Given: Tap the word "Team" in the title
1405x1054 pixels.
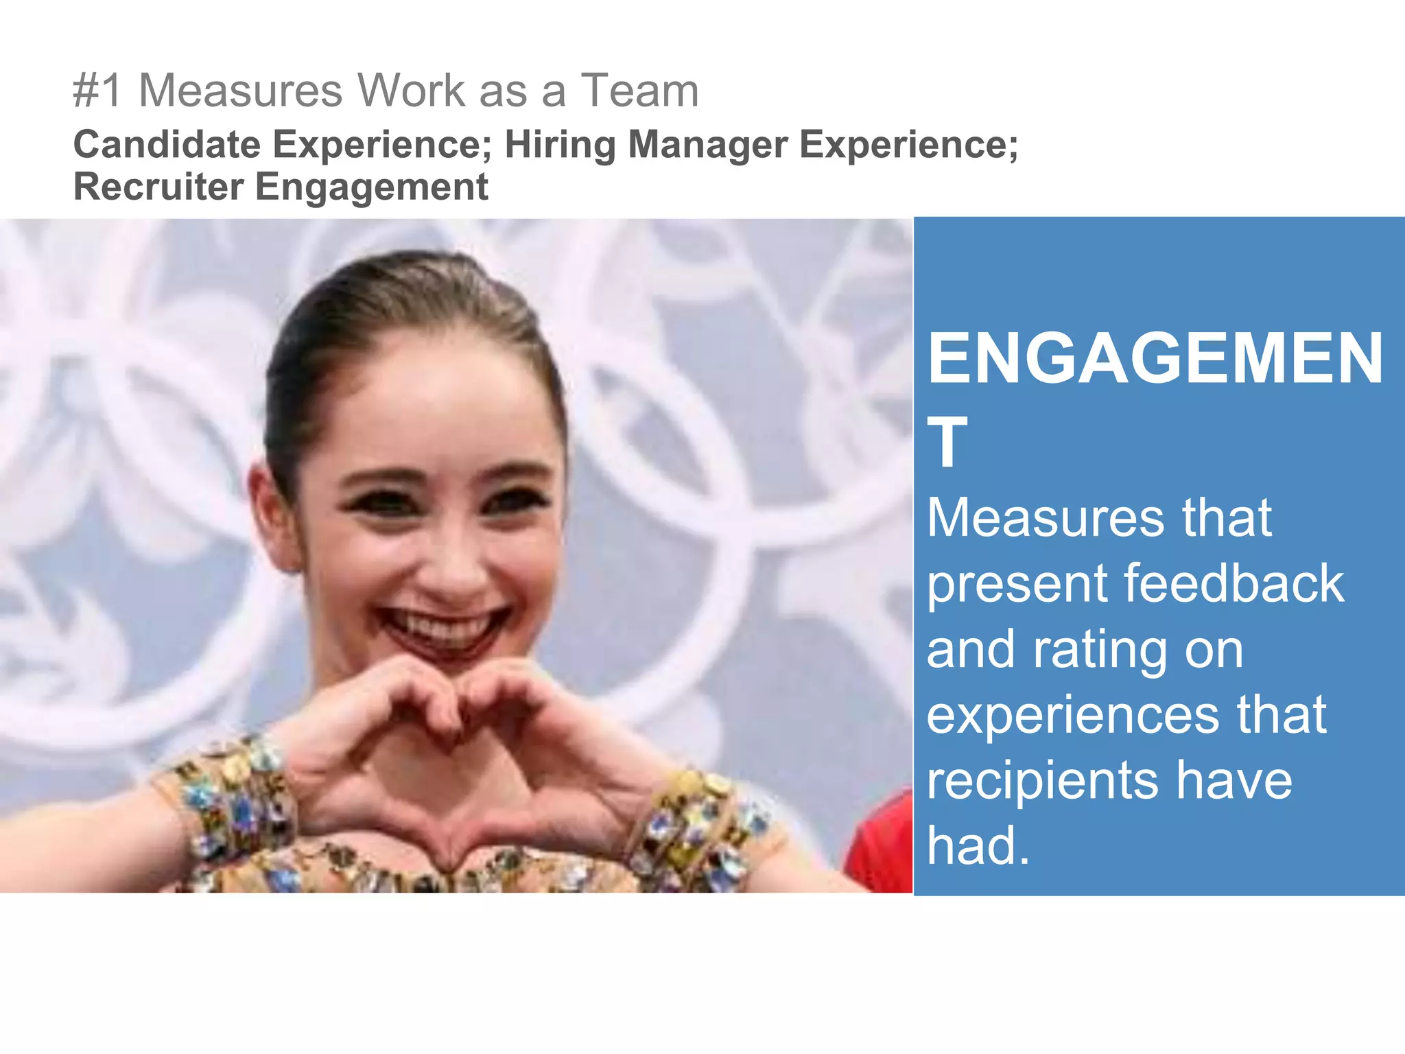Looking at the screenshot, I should [x=639, y=91].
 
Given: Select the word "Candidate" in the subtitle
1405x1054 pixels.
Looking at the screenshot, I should [x=167, y=145].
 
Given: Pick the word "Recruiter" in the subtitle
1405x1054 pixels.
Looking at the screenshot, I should [x=158, y=187].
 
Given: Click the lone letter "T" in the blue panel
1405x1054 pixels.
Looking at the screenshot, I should [x=947, y=443].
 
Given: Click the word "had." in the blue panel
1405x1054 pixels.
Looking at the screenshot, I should [x=978, y=845].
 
